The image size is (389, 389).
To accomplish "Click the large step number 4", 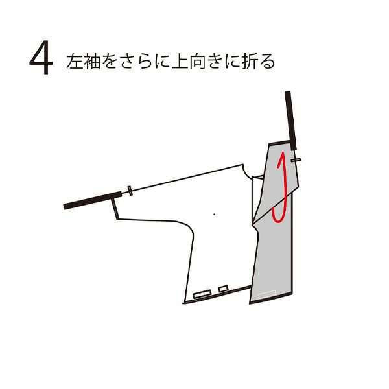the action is point(41,57).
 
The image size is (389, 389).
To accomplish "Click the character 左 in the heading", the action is point(75,62).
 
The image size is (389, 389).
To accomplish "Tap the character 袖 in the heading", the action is point(92,62).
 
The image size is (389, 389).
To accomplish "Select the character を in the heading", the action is point(109,62).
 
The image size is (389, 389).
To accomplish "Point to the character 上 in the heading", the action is point(180,62).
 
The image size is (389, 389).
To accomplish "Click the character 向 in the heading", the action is point(197,62).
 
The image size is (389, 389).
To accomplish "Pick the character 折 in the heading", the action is point(250,62).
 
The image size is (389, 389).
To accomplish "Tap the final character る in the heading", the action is point(267,62).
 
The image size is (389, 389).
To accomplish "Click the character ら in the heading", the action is point(144,62).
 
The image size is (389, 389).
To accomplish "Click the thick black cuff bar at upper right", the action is point(290,121).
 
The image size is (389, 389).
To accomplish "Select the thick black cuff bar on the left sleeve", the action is point(93,200).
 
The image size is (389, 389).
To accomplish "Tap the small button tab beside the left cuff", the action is point(130,191).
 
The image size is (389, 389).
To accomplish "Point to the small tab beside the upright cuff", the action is point(296,160).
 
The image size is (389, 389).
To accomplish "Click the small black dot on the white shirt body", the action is point(215,215).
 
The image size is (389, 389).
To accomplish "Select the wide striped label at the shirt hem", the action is point(202,294).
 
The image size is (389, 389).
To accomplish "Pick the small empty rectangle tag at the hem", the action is point(223,289).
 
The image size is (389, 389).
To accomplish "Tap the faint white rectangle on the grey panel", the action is point(267,294).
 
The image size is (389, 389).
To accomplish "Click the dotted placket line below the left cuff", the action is point(115,208).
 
